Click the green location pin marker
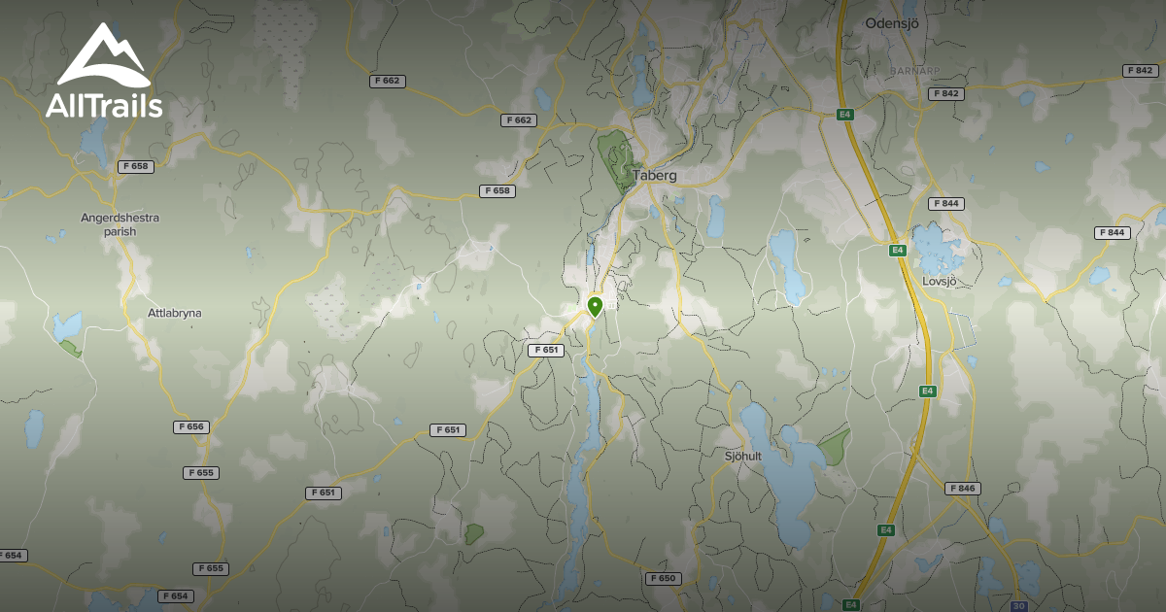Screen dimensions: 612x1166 tap(595, 307)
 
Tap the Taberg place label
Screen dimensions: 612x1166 tap(654, 176)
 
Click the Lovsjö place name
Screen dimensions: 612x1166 tap(939, 281)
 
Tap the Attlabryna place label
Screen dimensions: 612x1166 tap(175, 314)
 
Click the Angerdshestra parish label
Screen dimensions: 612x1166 tap(120, 224)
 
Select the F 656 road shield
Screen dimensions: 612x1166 tap(191, 426)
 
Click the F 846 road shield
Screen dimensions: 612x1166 tap(963, 488)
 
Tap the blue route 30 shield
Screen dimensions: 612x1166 tap(1018, 604)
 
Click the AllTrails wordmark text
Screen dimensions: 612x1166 tap(104, 106)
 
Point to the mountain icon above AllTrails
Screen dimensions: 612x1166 tap(103, 56)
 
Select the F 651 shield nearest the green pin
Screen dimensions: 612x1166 tap(546, 350)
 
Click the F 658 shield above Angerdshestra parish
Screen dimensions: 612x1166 tap(137, 166)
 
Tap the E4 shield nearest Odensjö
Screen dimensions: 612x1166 tap(845, 114)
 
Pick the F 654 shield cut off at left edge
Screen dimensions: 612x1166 tap(12, 555)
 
